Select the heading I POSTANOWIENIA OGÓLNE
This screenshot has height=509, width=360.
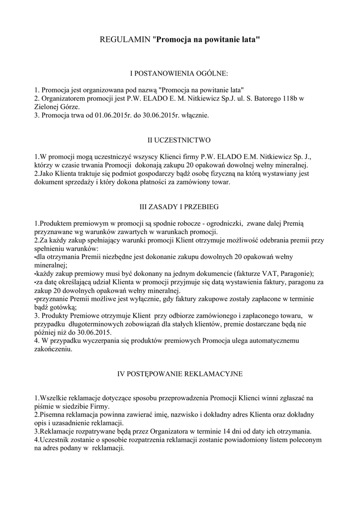[x=180, y=74]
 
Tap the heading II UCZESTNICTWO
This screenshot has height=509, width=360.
[x=180, y=140]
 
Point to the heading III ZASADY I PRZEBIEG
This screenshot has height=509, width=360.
[x=180, y=206]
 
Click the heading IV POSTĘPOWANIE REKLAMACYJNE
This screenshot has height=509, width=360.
[x=180, y=373]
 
